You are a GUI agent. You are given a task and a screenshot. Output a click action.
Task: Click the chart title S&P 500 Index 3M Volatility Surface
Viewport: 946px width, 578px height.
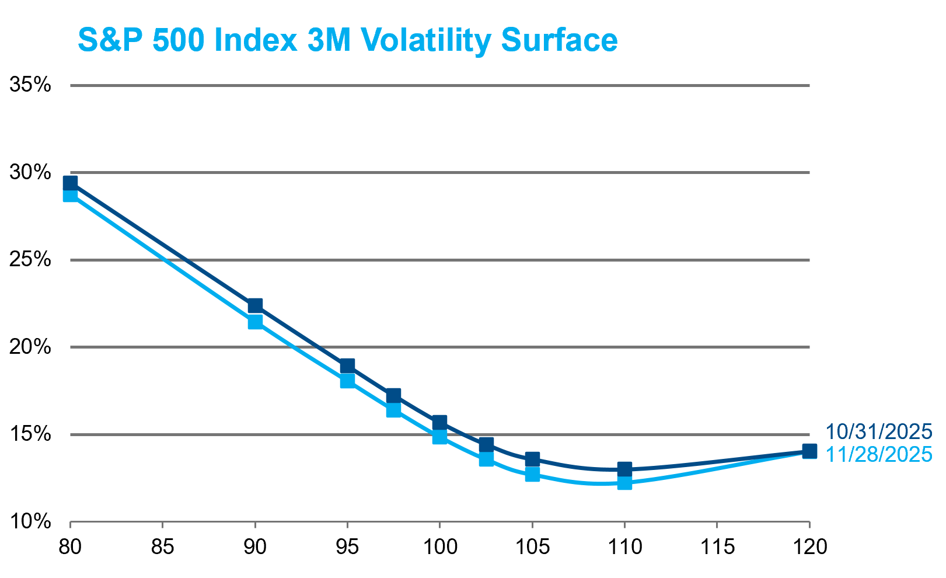pyautogui.click(x=347, y=40)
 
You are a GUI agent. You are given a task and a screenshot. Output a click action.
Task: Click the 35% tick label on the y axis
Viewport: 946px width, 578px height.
pyautogui.click(x=30, y=85)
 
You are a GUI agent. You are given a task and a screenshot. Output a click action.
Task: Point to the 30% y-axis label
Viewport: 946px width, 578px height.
pyautogui.click(x=30, y=172)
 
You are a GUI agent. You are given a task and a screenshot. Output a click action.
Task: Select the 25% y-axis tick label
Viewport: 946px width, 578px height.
pyautogui.click(x=30, y=259)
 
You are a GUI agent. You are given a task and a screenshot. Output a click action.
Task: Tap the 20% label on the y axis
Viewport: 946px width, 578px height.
pyautogui.click(x=30, y=347)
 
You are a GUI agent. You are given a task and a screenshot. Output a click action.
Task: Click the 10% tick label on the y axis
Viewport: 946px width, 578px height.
pyautogui.click(x=30, y=521)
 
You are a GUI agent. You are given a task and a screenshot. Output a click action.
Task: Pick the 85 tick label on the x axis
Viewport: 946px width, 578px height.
pyautogui.click(x=162, y=547)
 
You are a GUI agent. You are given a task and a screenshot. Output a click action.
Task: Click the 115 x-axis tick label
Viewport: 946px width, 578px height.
pyautogui.click(x=717, y=547)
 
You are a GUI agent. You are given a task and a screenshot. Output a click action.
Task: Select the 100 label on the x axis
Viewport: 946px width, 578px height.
pyautogui.click(x=439, y=547)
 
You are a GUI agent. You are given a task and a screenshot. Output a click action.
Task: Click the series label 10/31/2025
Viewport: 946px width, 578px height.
pyautogui.click(x=878, y=432)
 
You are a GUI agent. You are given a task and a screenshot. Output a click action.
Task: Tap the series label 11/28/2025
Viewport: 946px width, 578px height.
pyautogui.click(x=878, y=454)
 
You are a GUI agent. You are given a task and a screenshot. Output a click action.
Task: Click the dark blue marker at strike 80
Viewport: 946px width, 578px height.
pyautogui.click(x=70, y=183)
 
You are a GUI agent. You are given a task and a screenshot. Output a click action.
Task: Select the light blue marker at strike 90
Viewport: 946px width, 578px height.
pyautogui.click(x=255, y=322)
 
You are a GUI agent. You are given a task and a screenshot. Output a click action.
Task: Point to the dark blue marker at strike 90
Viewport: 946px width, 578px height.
pyautogui.click(x=255, y=305)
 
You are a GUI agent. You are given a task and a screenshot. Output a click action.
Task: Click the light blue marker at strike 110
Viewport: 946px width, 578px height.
pyautogui.click(x=624, y=482)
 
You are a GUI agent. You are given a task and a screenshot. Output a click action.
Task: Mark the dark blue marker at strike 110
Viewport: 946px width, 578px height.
pyautogui.click(x=624, y=469)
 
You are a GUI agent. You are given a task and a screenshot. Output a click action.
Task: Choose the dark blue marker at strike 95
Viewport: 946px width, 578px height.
pyautogui.click(x=347, y=366)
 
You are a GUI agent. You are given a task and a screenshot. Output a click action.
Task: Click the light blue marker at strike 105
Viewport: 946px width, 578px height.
pyautogui.click(x=532, y=474)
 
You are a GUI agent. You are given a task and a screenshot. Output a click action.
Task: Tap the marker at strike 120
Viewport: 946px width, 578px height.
pyautogui.click(x=809, y=451)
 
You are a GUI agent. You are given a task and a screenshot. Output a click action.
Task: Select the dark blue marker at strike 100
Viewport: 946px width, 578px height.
pyautogui.click(x=439, y=422)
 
